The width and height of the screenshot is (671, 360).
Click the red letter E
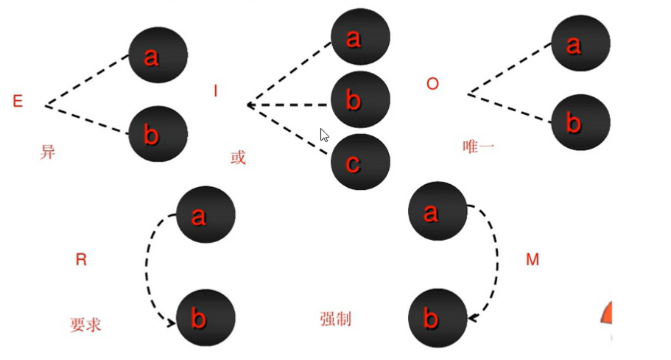point(18,102)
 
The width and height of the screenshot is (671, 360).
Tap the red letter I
point(216,91)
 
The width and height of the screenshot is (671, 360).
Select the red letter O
point(432,84)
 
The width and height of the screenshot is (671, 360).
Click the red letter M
point(533,259)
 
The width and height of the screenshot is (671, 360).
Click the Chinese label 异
point(48,153)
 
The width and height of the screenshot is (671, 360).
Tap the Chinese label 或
point(238,158)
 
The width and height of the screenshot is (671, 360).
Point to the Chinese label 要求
point(85,325)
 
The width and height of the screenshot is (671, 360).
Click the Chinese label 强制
point(335,319)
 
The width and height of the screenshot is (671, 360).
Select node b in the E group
point(158,135)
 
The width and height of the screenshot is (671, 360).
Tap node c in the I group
point(360,163)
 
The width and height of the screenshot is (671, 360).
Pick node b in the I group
point(360,100)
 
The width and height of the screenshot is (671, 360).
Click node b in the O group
point(580,122)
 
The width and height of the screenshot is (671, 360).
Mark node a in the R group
point(205,214)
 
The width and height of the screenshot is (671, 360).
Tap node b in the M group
point(438,318)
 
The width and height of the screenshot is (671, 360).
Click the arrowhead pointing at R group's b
point(172,322)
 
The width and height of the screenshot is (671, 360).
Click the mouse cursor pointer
point(323,135)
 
